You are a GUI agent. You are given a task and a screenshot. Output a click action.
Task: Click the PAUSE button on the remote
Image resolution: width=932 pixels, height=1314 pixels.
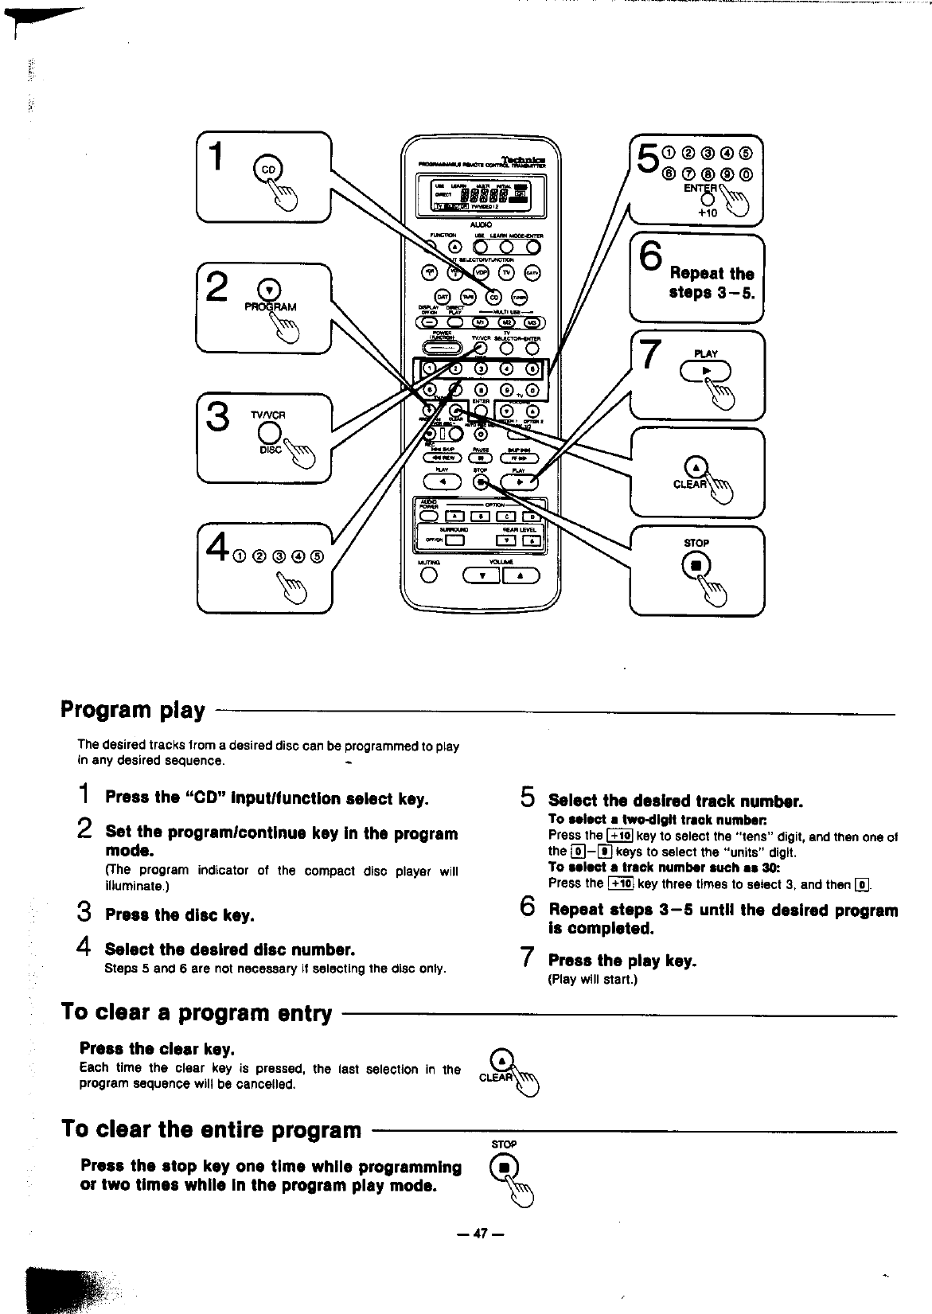[x=481, y=458]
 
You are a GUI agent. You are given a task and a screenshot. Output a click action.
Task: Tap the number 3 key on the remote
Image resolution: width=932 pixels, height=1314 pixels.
[x=481, y=368]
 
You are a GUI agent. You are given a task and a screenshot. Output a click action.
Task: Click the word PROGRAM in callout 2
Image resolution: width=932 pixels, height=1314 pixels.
[x=270, y=306]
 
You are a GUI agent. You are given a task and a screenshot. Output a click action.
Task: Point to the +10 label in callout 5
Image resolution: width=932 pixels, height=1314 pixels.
[x=708, y=213]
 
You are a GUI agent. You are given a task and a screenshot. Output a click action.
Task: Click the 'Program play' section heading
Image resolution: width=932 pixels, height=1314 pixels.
[x=133, y=709]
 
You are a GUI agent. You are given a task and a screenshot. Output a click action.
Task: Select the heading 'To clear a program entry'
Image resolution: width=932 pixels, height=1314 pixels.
[x=197, y=1012]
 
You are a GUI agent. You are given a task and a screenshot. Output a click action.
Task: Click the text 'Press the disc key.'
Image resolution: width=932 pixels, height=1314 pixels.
[x=180, y=915]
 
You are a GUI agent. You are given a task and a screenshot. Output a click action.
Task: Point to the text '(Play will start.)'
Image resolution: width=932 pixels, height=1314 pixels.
[x=593, y=979]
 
